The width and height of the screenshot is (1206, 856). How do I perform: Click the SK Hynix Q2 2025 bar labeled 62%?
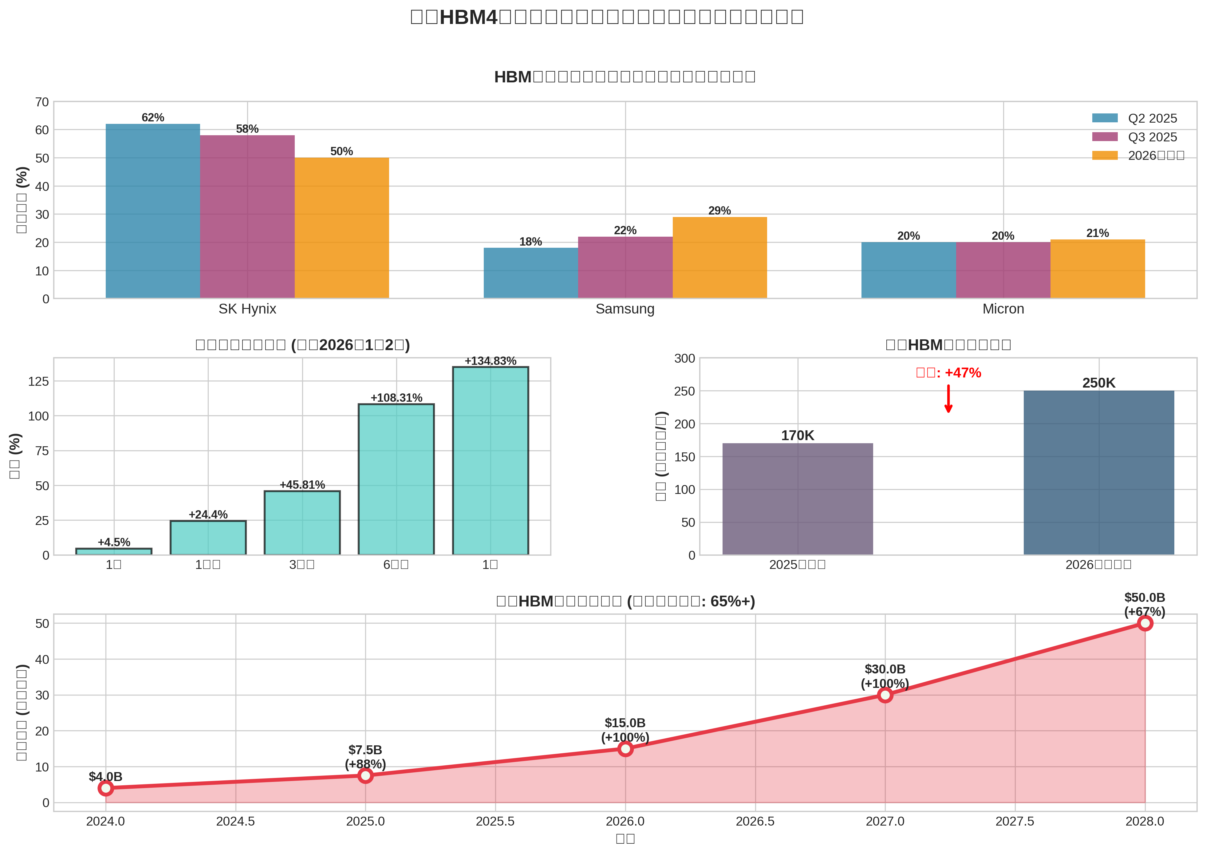pyautogui.click(x=153, y=211)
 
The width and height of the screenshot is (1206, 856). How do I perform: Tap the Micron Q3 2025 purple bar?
pyautogui.click(x=1003, y=270)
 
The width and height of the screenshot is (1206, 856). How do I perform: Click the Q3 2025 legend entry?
pyautogui.click(x=1138, y=137)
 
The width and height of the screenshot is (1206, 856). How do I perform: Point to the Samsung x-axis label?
pyautogui.click(x=625, y=309)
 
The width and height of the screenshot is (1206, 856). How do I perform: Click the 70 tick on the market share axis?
pyautogui.click(x=42, y=102)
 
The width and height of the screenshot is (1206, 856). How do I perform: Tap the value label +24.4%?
pyautogui.click(x=208, y=515)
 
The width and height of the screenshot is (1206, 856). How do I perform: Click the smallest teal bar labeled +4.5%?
pyautogui.click(x=114, y=551)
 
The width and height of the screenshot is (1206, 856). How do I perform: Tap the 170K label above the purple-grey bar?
pyautogui.click(x=798, y=436)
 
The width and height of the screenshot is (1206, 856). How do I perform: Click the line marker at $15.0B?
pyautogui.click(x=625, y=748)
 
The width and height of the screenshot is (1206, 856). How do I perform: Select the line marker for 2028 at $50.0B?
pyautogui.click(x=1145, y=623)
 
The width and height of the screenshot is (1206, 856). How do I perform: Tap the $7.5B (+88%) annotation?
pyautogui.click(x=365, y=757)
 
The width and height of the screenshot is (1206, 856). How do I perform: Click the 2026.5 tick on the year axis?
pyautogui.click(x=755, y=821)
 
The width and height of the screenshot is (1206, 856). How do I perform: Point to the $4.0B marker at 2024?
pyautogui.click(x=106, y=788)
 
